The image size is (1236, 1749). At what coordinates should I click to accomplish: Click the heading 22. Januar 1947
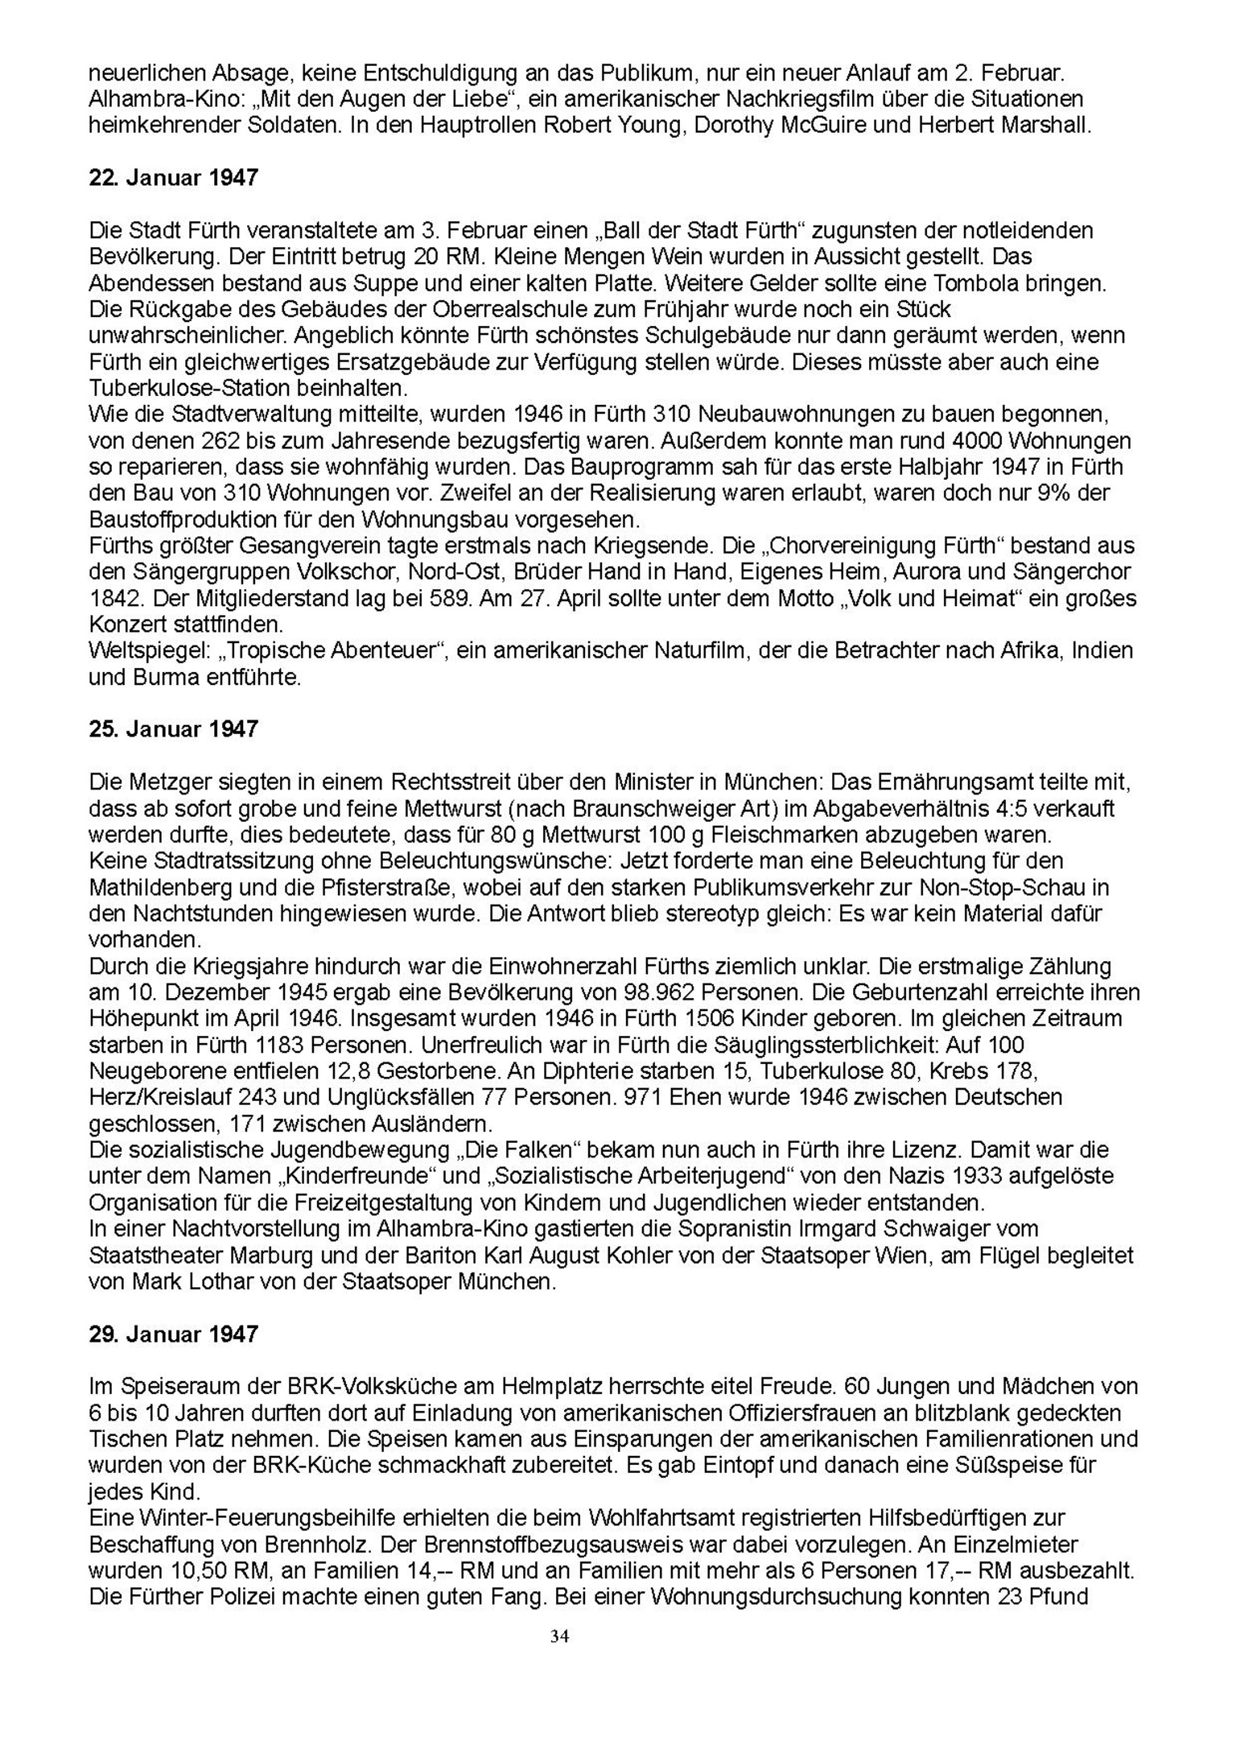tap(173, 177)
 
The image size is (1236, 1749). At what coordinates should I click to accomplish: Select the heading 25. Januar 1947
tap(173, 728)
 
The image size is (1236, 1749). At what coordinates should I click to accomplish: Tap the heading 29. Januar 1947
tap(173, 1334)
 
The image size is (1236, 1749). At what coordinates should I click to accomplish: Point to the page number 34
tap(560, 1636)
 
